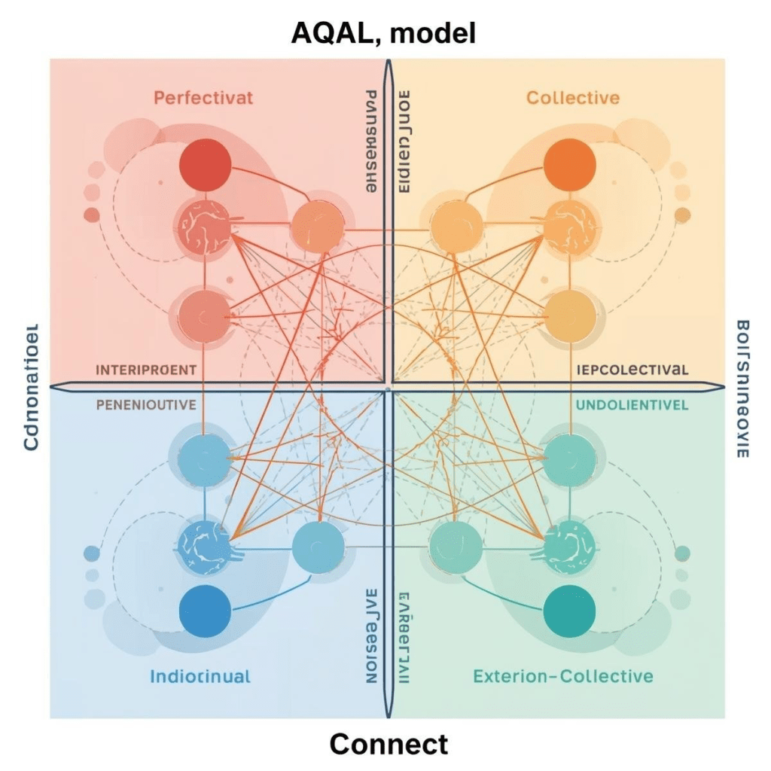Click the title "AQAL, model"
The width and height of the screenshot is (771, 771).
tap(384, 33)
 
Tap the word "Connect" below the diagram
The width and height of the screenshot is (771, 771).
tap(389, 744)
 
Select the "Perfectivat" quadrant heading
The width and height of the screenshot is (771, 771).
tap(203, 97)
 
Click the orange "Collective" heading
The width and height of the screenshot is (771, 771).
tap(573, 97)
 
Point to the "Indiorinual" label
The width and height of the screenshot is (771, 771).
tap(200, 675)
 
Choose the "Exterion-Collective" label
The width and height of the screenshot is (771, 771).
tap(562, 675)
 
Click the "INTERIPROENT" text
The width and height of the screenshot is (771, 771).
tap(146, 370)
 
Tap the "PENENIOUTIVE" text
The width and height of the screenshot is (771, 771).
tap(146, 404)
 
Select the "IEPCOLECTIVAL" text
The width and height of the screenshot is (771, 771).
tap(632, 370)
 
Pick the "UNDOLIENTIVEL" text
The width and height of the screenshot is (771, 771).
tap(632, 404)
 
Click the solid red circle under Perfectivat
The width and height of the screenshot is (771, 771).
tap(205, 165)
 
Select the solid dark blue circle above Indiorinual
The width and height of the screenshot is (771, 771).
tap(205, 611)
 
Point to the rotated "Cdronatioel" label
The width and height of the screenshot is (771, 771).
tap(31, 389)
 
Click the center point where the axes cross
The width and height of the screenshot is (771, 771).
tap(388, 389)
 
